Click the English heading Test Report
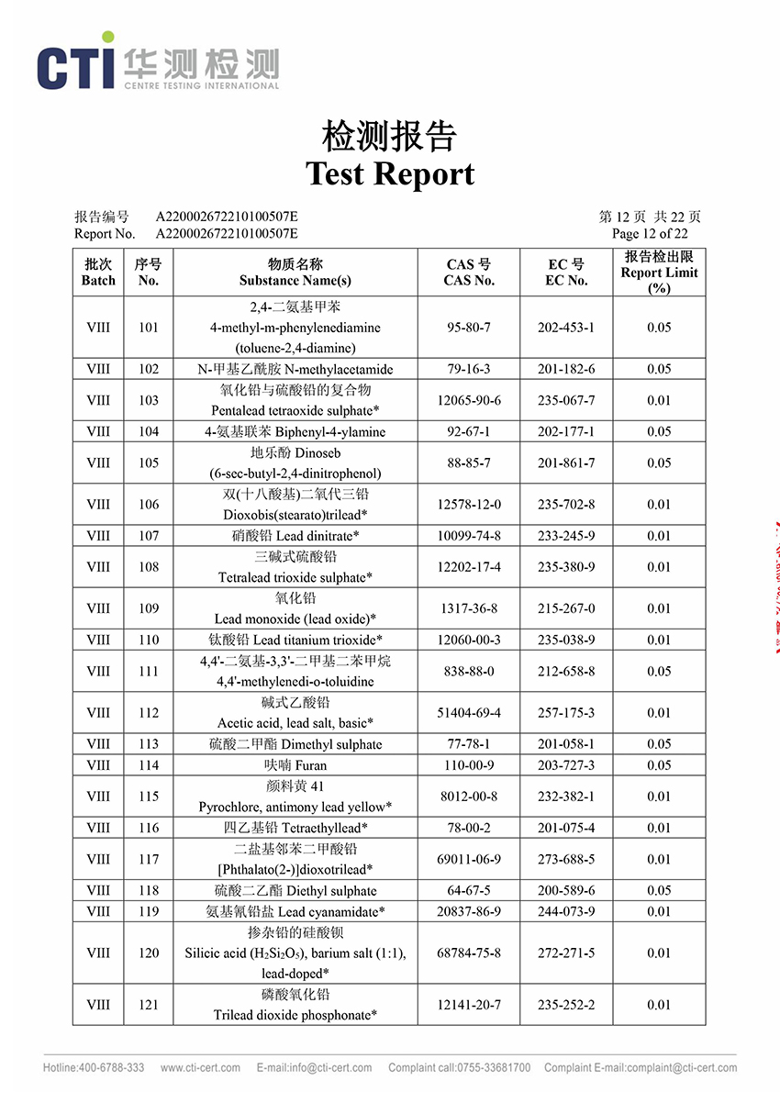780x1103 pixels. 390,173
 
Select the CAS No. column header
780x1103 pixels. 469,273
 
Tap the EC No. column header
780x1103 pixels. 566,273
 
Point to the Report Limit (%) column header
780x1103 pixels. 659,273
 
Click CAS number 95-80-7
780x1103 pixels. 469,328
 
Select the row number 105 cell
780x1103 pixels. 149,463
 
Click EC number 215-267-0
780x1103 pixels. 566,608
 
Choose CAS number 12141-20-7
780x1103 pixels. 469,1005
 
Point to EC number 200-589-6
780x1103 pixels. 566,890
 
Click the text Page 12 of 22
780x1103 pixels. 656,234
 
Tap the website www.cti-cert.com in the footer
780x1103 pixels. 200,1068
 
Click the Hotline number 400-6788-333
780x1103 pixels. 94,1068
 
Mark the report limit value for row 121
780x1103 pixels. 659,1005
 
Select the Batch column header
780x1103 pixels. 98,273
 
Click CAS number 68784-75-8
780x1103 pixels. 469,953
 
